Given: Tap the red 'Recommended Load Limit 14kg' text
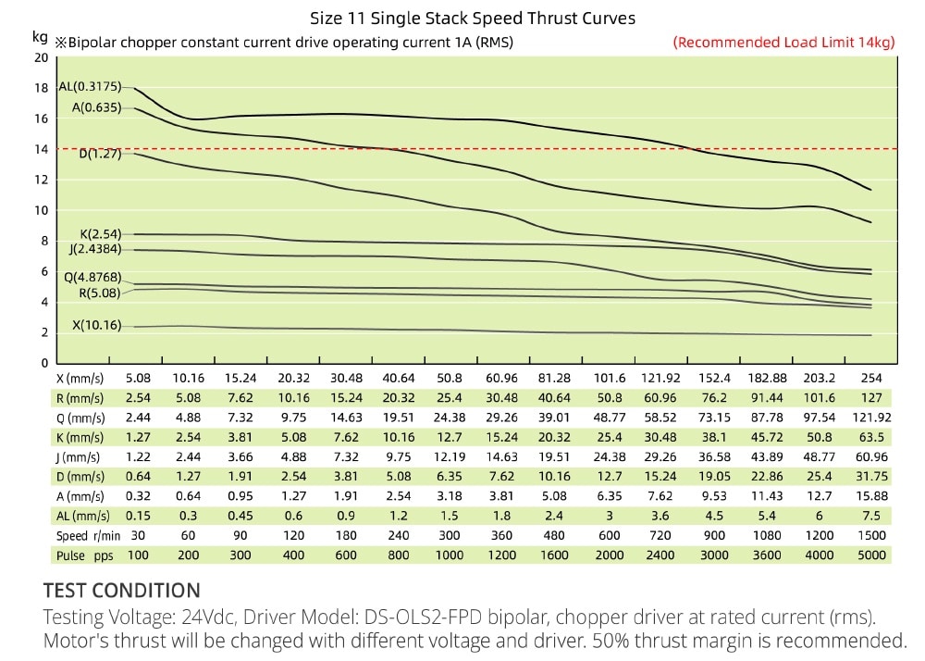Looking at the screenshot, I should [784, 42].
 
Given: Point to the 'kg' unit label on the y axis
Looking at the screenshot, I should [39, 38].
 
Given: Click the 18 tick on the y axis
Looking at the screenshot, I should [41, 88].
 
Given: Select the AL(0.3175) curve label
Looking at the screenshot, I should [90, 86].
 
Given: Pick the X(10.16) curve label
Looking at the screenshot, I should [96, 326].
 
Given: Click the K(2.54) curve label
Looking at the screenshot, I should [101, 234].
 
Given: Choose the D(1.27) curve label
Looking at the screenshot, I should [99, 154].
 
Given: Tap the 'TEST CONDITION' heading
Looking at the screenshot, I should [121, 591].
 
